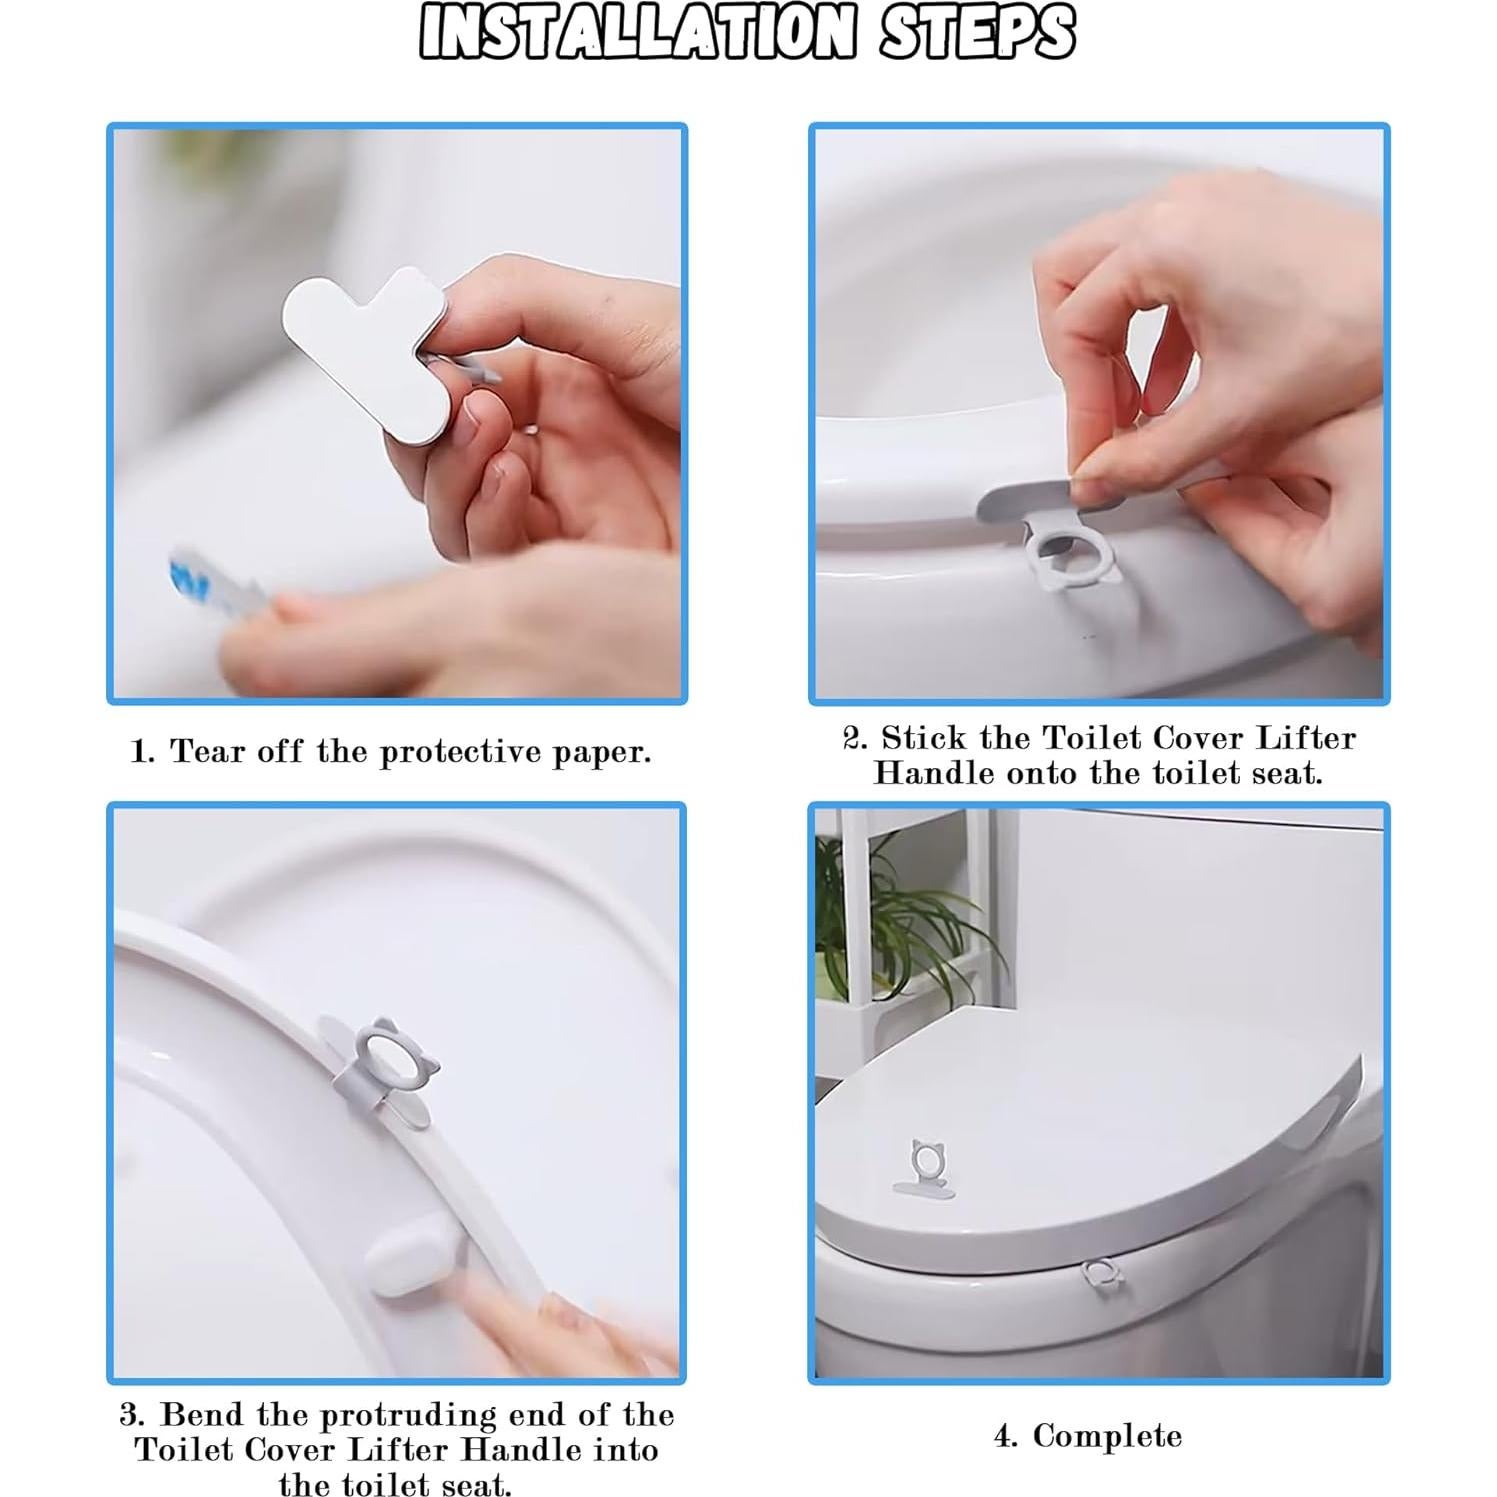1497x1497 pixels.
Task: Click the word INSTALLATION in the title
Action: [x=637, y=33]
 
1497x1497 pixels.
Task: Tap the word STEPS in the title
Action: [x=977, y=33]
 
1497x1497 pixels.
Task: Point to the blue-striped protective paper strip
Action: [x=215, y=590]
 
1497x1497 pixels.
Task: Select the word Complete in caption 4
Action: [x=1107, y=1437]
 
